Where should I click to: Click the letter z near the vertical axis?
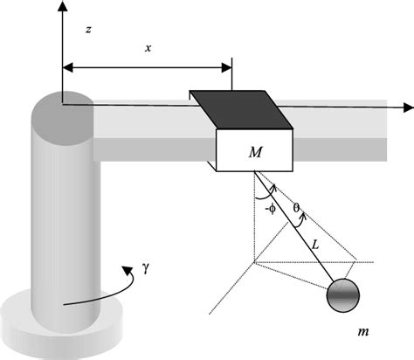tap(89, 30)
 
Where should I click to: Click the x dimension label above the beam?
tap(147, 49)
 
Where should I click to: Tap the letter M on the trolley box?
tap(255, 153)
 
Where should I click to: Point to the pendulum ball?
tap(342, 295)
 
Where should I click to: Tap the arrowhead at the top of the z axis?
tap(61, 6)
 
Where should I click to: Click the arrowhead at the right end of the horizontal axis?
tap(407, 107)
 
